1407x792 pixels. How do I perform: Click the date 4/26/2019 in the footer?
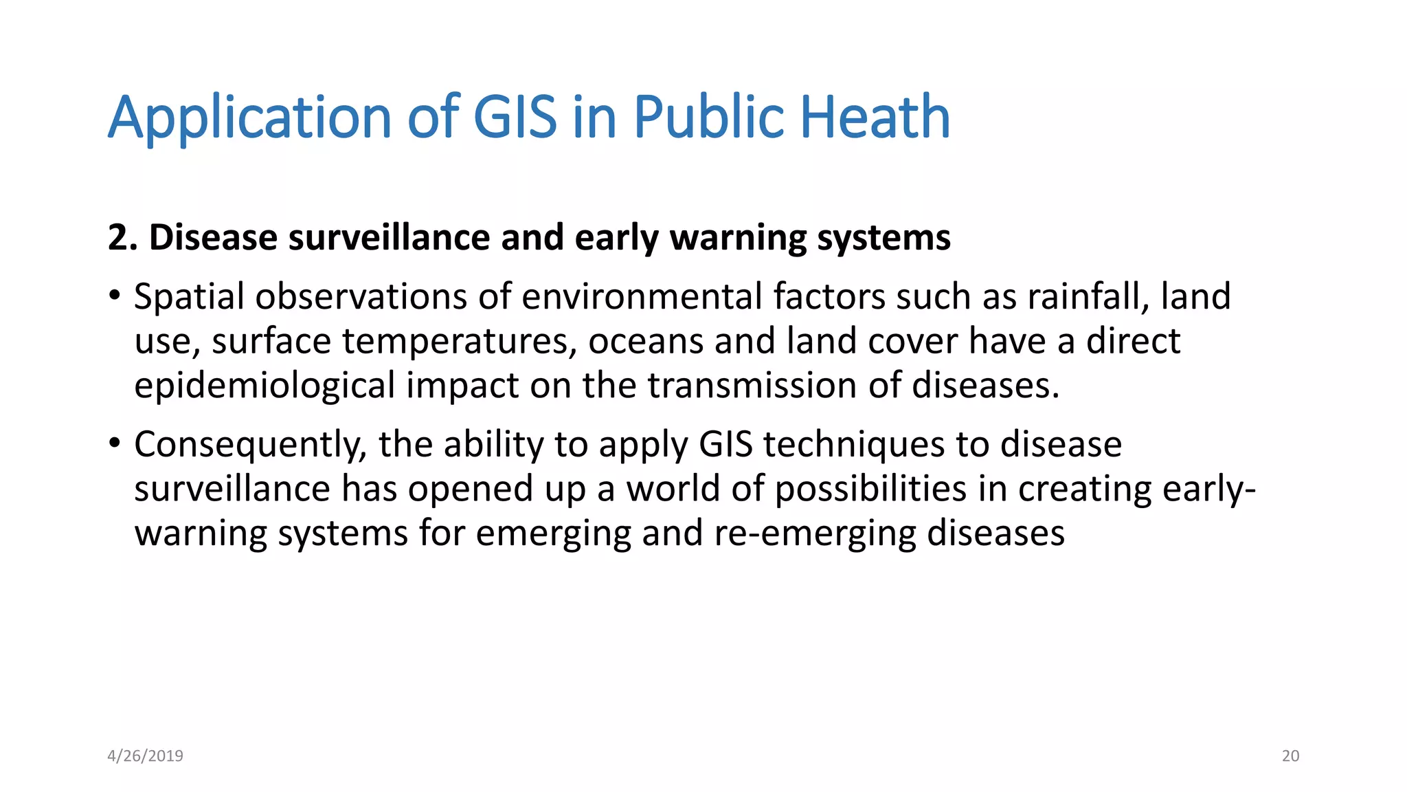pyautogui.click(x=146, y=756)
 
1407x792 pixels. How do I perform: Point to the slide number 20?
pyautogui.click(x=1290, y=756)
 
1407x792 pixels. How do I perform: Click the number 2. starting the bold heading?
pyautogui.click(x=124, y=238)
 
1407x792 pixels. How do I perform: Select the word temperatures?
pyautogui.click(x=459, y=342)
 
